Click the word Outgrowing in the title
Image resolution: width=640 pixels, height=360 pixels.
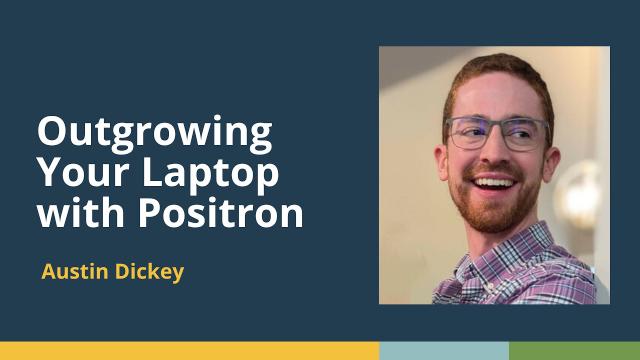(154, 133)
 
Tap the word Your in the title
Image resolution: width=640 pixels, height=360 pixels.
(79, 173)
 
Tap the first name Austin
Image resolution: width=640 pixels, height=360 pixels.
(73, 272)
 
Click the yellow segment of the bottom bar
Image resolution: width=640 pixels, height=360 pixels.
(190, 351)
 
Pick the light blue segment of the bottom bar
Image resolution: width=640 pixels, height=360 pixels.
(444, 351)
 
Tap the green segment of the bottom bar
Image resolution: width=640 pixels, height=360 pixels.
(574, 351)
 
